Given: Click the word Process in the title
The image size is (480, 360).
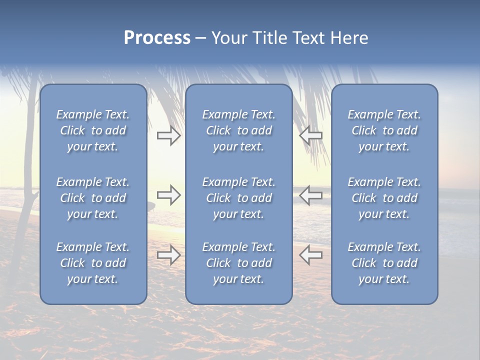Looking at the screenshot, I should point(157,38).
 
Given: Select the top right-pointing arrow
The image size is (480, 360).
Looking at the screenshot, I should point(169,135).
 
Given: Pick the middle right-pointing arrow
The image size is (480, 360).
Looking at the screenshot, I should point(169,195).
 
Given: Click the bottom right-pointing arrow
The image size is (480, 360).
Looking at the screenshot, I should point(169,255).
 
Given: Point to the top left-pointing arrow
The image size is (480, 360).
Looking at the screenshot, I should point(310,135).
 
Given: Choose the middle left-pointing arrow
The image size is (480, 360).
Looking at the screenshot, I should point(310,195).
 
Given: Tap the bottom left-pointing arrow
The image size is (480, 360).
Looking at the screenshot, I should point(310,255).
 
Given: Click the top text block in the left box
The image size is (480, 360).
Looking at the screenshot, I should point(93,130).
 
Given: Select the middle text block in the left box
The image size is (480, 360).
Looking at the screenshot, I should point(93,198).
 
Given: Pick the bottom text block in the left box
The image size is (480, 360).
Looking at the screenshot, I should point(93,263).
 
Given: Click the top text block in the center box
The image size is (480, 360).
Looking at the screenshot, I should point(238,130).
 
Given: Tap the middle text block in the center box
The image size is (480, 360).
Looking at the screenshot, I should point(238,198).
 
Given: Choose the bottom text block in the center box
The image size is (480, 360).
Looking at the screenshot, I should point(238,263).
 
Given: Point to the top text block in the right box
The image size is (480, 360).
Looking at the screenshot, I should point(384,130).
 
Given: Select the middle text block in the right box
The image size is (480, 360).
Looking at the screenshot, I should point(384,198).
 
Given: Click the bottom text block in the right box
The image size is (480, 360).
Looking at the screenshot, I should point(384,263).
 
